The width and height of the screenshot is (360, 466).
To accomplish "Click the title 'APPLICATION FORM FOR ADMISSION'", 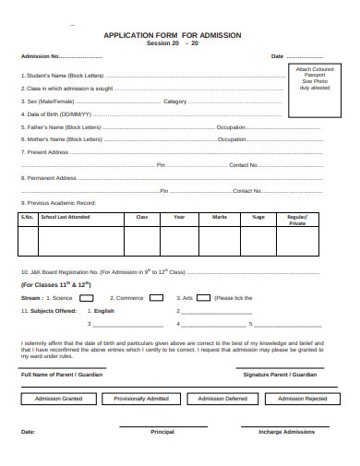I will tap(173, 35).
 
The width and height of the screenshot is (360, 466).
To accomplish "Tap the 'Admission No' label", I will tap(41, 56).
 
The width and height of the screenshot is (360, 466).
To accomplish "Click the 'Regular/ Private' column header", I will tap(297, 220).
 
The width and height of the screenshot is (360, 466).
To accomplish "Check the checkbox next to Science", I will tap(86, 298).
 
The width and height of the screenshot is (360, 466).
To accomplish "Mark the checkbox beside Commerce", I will tap(156, 298).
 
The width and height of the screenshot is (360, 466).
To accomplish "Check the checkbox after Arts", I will tap(201, 298).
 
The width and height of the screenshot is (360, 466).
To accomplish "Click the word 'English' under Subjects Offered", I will tap(103, 311).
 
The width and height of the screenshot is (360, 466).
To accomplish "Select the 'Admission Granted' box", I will tap(58, 398).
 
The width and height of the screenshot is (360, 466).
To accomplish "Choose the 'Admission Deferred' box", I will tap(222, 398).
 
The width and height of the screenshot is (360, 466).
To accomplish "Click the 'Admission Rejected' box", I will tap(303, 398).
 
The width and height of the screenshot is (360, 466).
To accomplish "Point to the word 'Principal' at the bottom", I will tap(162, 431).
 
